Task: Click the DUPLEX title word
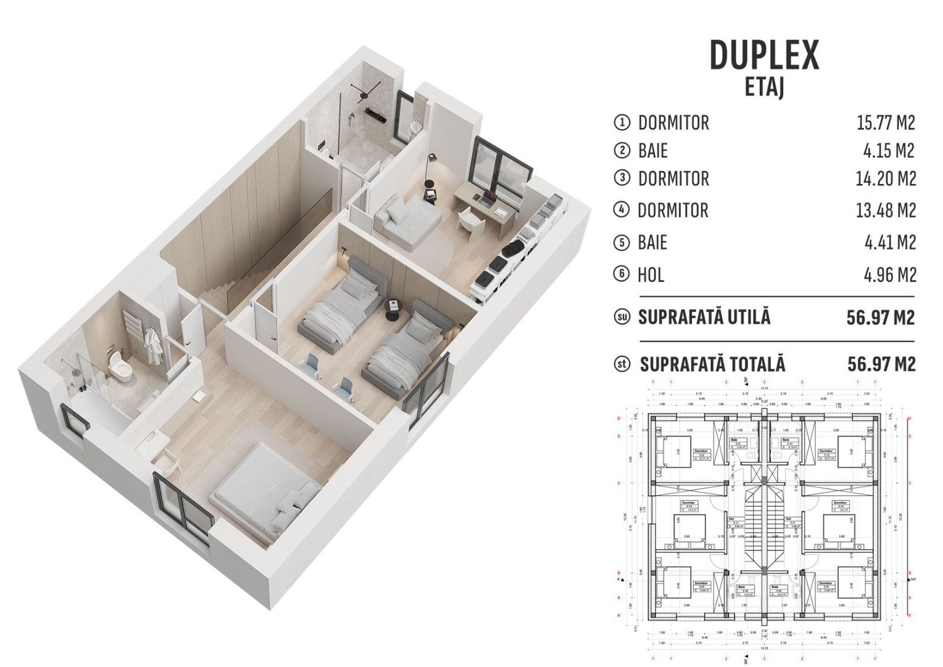point(764,55)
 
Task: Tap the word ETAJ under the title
point(764,87)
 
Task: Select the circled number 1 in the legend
point(621,122)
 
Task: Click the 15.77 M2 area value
point(886,122)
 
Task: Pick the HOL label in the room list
point(650,274)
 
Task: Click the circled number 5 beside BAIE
point(621,242)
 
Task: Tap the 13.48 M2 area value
point(886,210)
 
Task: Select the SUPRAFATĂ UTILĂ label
point(704,317)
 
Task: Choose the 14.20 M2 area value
point(886,178)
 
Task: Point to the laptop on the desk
point(488,199)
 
